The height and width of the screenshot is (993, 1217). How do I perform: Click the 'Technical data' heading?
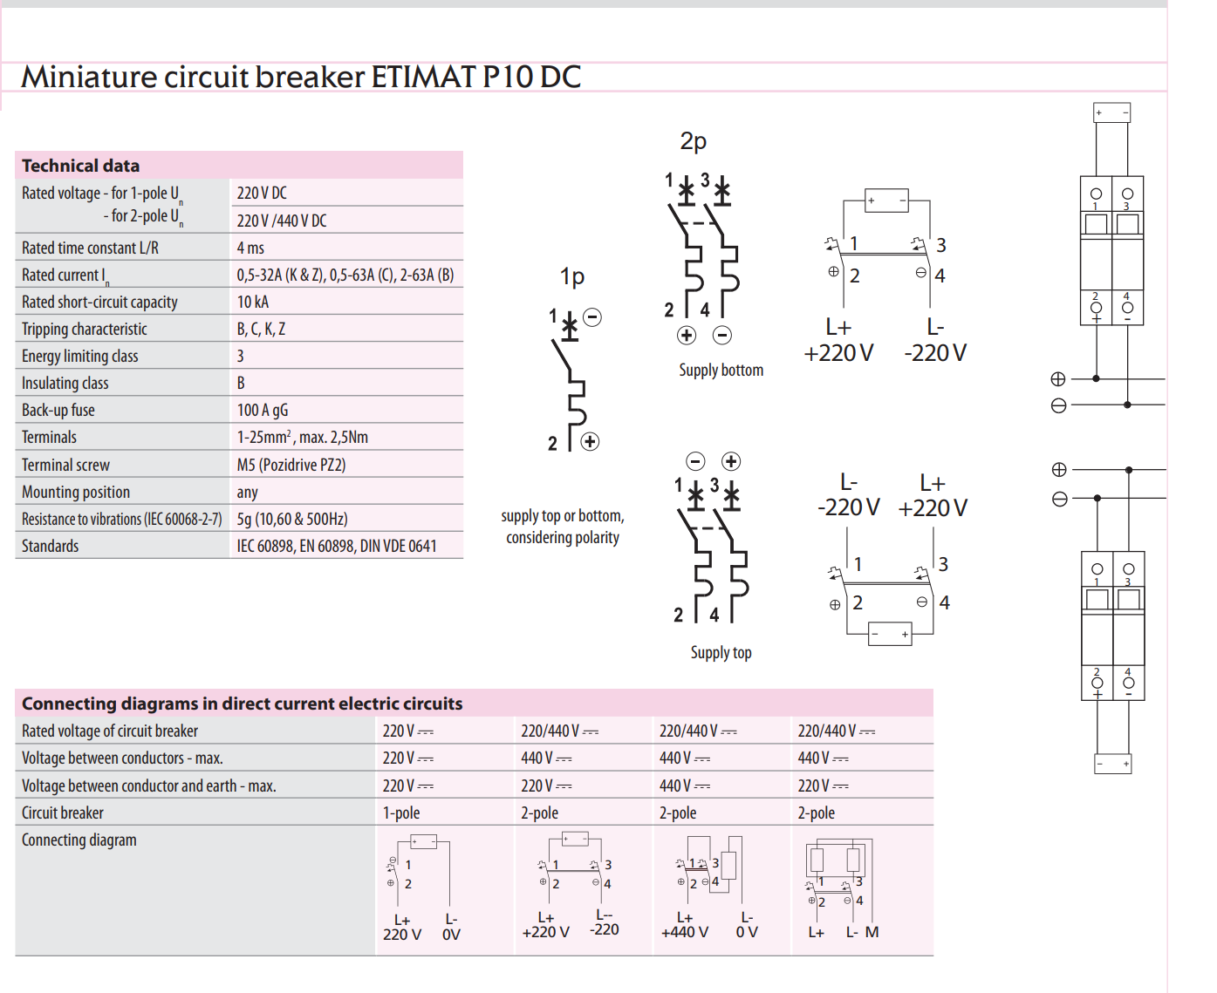[x=80, y=166]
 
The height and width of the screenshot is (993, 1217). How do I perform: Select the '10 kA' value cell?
[x=253, y=302]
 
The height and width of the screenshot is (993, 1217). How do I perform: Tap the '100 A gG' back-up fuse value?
[x=263, y=410]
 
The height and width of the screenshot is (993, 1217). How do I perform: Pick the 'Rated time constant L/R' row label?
[x=90, y=248]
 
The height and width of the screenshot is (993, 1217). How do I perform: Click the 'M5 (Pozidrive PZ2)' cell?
[x=291, y=465]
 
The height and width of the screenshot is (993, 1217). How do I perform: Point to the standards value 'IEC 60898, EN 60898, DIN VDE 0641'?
[x=337, y=546]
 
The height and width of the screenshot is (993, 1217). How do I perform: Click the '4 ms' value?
[x=250, y=248]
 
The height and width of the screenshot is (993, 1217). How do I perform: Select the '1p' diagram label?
[x=571, y=277]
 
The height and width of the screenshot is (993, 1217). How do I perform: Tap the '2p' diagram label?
[x=693, y=141]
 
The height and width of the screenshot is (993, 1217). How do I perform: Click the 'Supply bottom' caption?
[x=721, y=370]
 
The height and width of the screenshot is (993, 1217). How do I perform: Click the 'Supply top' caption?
[x=721, y=652]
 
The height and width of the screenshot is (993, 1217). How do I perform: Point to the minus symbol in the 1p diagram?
[x=592, y=317]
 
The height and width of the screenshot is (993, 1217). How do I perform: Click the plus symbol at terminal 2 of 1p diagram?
[x=591, y=441]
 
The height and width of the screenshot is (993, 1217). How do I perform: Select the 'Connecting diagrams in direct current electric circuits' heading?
[x=242, y=704]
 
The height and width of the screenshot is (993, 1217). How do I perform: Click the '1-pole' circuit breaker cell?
[x=401, y=813]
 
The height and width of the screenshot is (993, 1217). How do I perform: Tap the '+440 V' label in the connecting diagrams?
[x=685, y=932]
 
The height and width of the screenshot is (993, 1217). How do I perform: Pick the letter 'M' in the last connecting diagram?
[x=872, y=932]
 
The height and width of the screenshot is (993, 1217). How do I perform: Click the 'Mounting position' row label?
[x=76, y=492]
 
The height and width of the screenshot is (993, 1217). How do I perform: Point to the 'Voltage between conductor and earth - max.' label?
[x=148, y=786]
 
